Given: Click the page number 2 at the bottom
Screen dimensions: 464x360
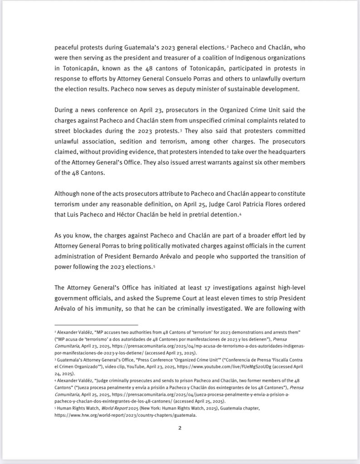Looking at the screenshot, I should pyautogui.click(x=180, y=428).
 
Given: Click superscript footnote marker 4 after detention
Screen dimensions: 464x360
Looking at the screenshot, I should pyautogui.click(x=240, y=213).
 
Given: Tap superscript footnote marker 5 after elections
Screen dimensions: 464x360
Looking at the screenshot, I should pyautogui.click(x=167, y=266).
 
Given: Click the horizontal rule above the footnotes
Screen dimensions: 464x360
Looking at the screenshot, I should pyautogui.click(x=96, y=325).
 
